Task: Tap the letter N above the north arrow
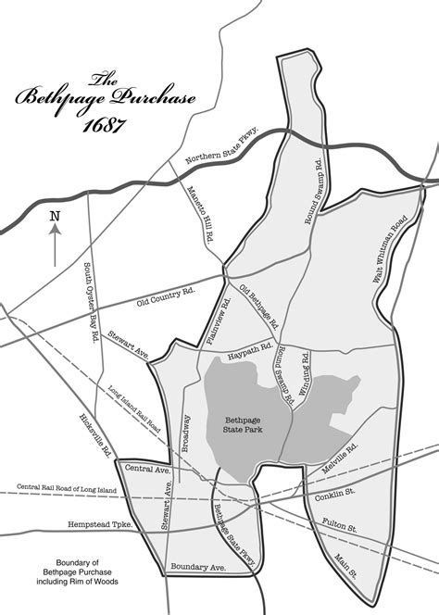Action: coord(55,217)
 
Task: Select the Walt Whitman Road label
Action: coord(390,249)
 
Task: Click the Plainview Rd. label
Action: coord(218,319)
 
